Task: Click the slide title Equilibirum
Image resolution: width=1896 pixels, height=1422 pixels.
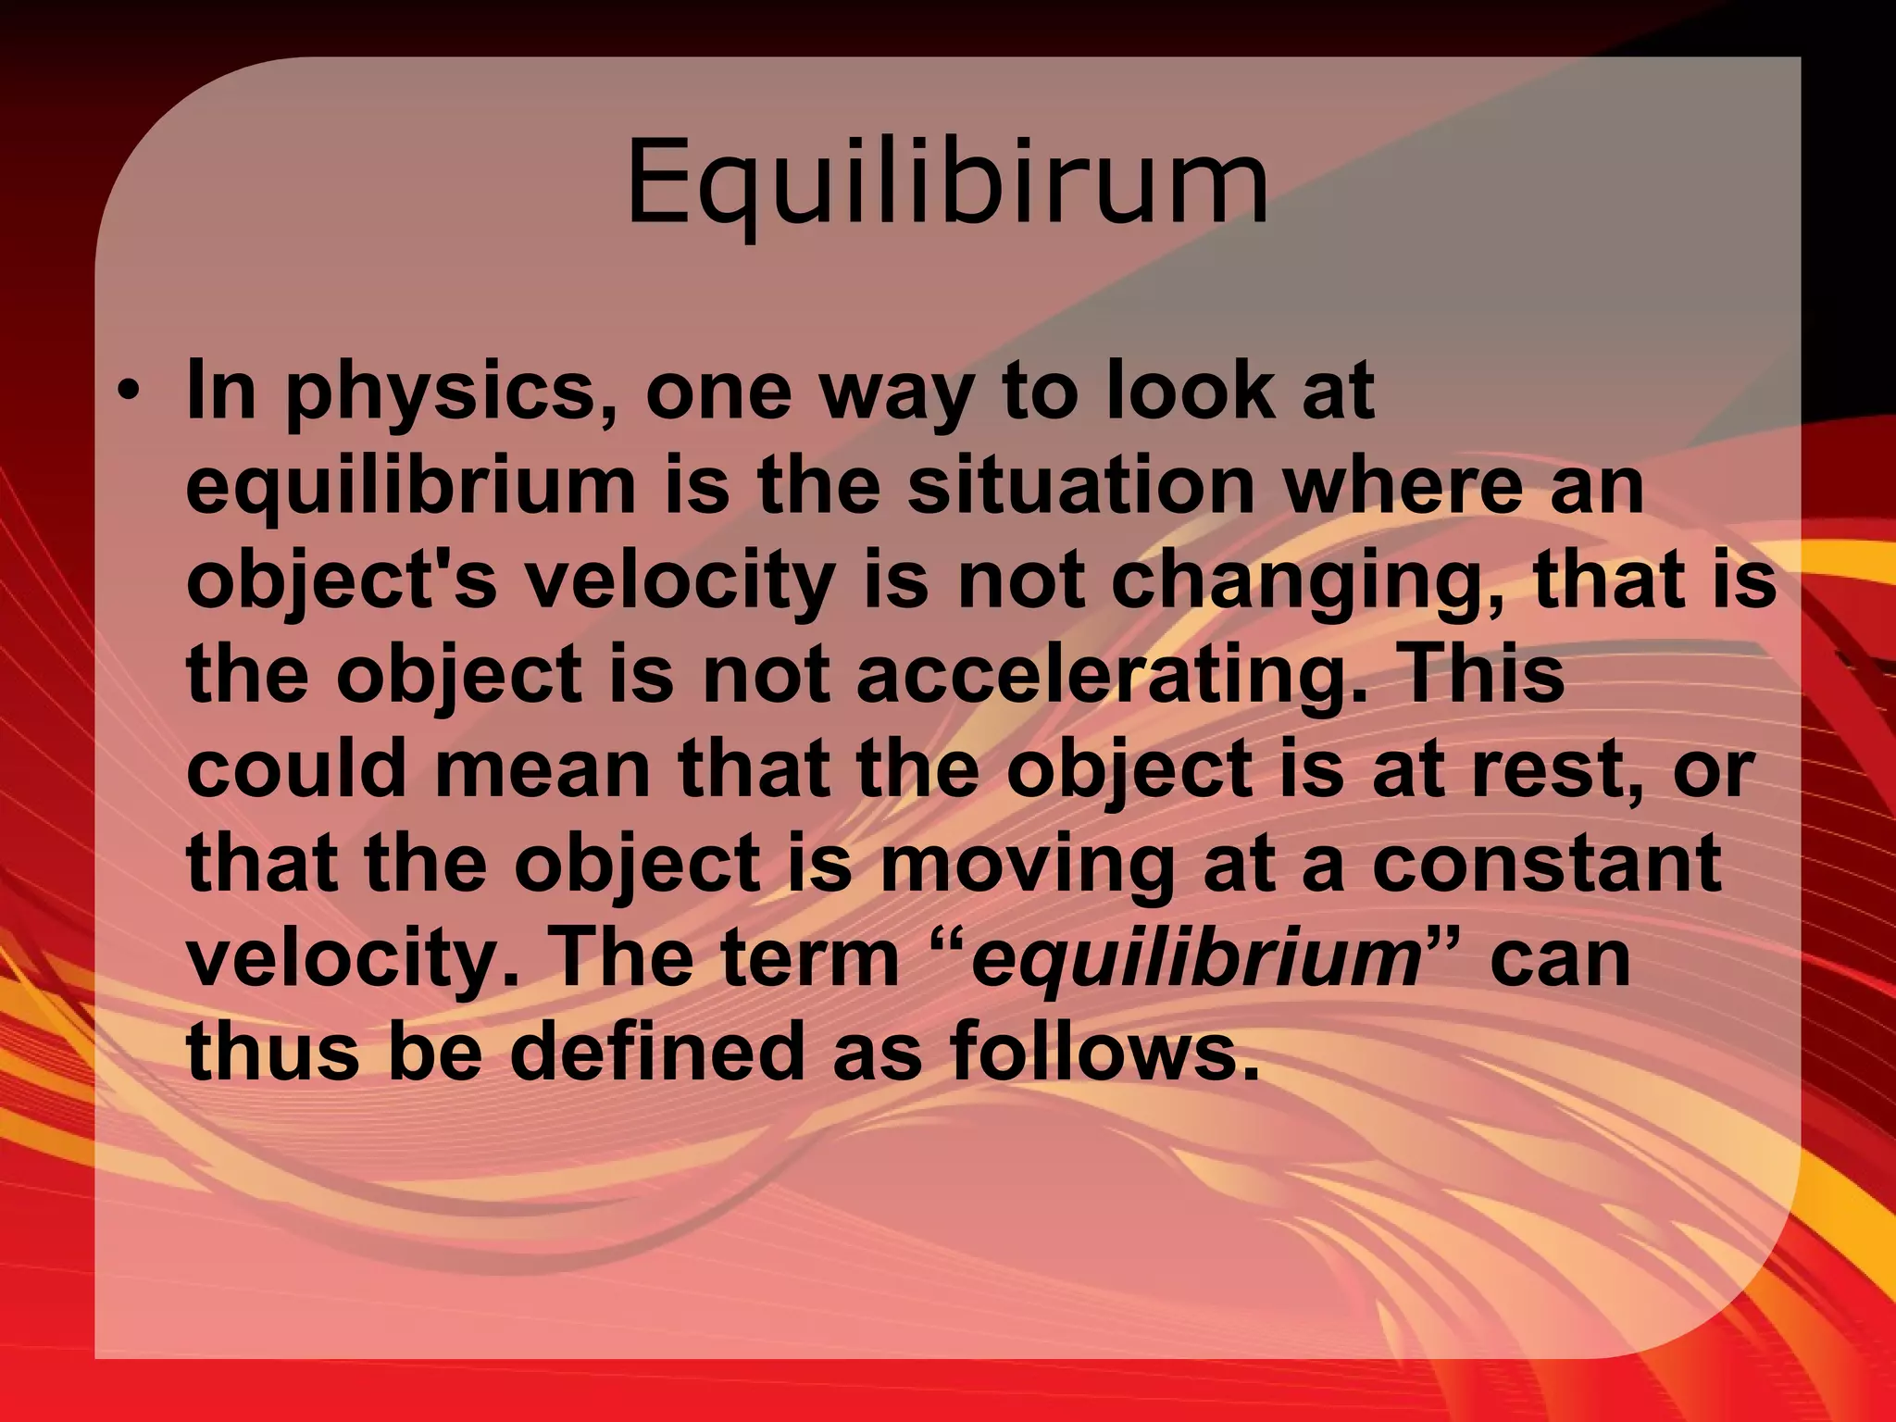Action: point(947,183)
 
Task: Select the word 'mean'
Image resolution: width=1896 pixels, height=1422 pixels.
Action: point(543,770)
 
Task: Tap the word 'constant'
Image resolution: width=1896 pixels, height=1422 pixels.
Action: point(1546,863)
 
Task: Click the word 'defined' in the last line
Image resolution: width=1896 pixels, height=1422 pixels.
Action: point(657,1054)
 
